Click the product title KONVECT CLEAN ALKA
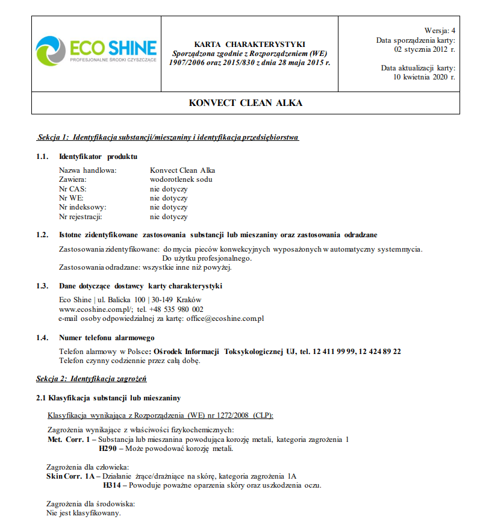point(245,103)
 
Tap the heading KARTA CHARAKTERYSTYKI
point(249,45)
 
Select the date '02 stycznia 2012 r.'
point(425,49)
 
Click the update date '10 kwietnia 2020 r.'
point(425,77)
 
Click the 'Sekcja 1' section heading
point(168,137)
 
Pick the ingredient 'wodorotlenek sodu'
point(181,179)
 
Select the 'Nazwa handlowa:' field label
point(87,170)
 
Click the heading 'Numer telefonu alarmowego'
point(107,338)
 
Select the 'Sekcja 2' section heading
point(92,379)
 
